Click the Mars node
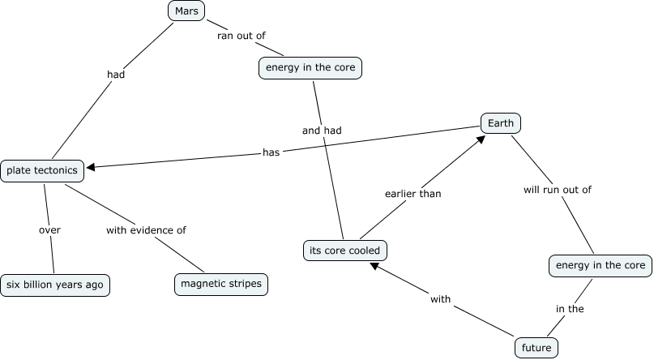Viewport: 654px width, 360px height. point(186,11)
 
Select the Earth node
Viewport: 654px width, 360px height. point(501,123)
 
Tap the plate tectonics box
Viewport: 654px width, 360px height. point(42,170)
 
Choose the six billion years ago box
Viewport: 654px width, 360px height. point(55,285)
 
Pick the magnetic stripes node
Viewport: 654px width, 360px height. point(221,284)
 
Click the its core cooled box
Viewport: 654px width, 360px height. point(345,251)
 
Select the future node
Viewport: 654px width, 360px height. point(536,348)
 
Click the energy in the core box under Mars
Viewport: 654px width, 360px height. point(310,67)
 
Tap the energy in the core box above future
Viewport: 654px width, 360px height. point(601,266)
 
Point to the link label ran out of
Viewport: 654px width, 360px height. point(241,36)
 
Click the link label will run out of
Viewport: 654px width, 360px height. point(558,190)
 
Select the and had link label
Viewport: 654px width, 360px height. point(322,131)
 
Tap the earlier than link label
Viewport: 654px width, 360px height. point(413,194)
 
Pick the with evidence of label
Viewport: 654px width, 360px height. point(146,230)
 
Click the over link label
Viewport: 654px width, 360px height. point(49,230)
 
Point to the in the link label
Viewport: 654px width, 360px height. point(570,309)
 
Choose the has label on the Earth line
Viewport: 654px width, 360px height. point(271,152)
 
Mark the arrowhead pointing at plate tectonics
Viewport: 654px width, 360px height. point(90,167)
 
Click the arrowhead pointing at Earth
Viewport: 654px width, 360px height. point(481,139)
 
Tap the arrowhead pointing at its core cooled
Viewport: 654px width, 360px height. point(374,266)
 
